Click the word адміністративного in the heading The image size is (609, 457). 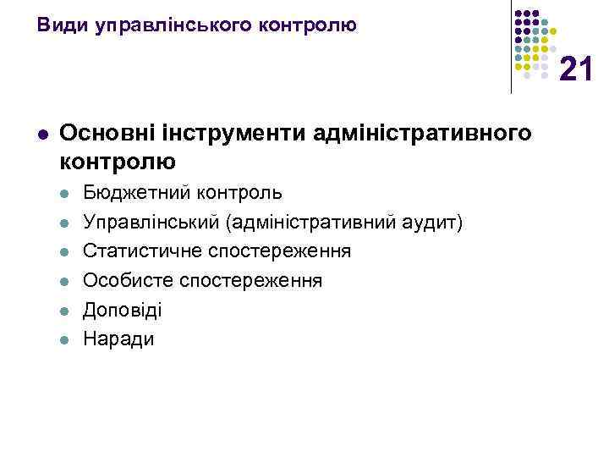click(x=423, y=133)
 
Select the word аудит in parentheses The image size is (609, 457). click(x=431, y=223)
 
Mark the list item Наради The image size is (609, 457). click(x=118, y=339)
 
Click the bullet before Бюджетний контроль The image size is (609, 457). click(x=63, y=194)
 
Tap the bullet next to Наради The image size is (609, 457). click(x=63, y=340)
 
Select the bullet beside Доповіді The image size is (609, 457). click(x=63, y=311)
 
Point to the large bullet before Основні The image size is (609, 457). click(x=42, y=135)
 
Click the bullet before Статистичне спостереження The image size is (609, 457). click(x=63, y=252)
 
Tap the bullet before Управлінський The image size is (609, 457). click(x=63, y=223)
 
